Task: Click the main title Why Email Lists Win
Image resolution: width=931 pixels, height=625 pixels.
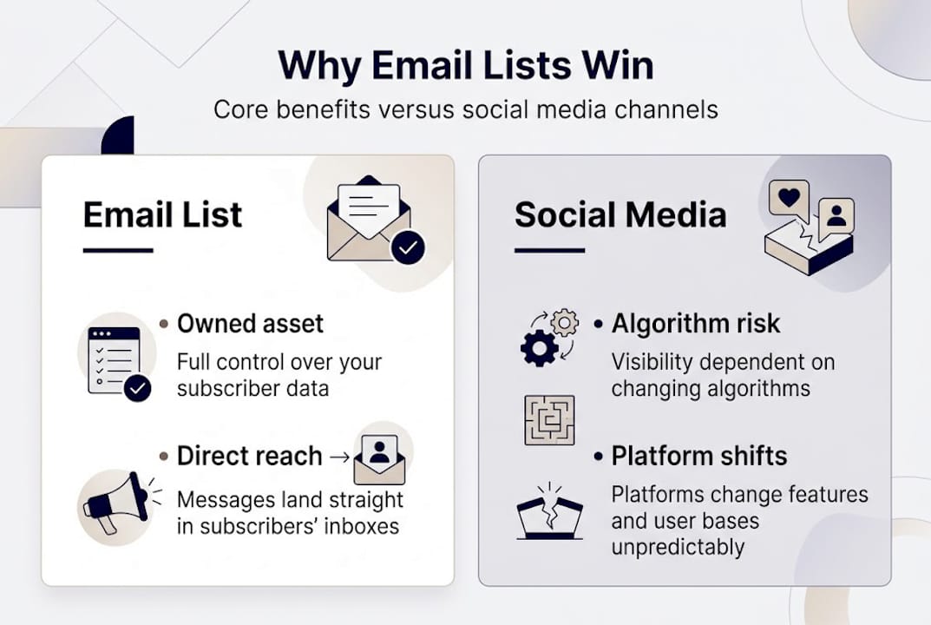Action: tap(465, 67)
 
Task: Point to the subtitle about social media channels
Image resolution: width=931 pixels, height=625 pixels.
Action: tap(465, 110)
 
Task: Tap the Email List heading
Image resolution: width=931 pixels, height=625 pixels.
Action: tap(162, 215)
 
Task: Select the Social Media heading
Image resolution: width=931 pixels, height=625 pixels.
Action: tap(620, 215)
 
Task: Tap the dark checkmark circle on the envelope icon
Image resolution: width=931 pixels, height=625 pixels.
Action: tap(408, 247)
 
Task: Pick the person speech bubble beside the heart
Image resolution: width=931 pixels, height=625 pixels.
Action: tap(836, 216)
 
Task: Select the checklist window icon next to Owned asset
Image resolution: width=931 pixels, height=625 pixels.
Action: tap(115, 359)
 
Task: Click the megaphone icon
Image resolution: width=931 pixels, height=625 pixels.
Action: tap(114, 501)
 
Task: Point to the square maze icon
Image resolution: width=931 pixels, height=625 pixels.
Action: tap(549, 420)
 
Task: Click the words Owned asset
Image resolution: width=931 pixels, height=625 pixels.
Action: tap(250, 324)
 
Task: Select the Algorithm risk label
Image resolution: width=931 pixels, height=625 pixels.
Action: tap(695, 324)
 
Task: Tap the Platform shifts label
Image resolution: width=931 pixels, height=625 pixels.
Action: tap(698, 456)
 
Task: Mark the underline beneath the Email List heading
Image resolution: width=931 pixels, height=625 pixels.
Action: tap(118, 251)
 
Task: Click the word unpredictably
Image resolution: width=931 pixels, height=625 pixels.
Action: tap(678, 548)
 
